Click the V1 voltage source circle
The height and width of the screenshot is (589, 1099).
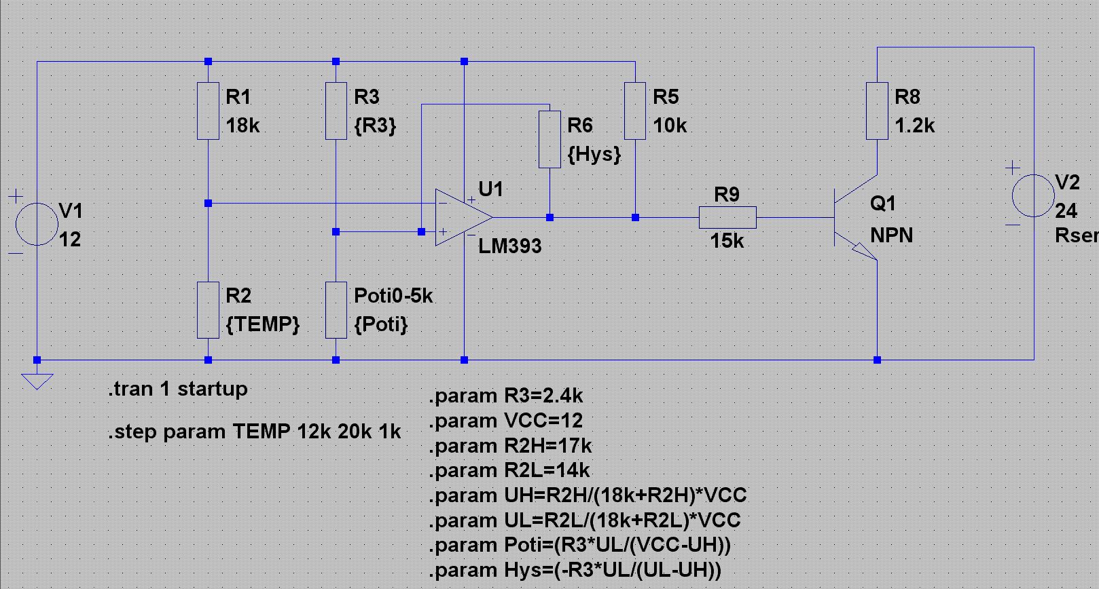click(x=37, y=224)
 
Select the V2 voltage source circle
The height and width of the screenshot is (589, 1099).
click(x=1033, y=195)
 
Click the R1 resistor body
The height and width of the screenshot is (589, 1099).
click(x=208, y=111)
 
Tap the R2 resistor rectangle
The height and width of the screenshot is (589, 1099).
click(x=208, y=310)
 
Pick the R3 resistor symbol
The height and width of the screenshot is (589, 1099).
click(x=336, y=111)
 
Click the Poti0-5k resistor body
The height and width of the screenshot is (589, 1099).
click(x=336, y=310)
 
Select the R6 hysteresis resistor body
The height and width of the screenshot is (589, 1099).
click(x=549, y=139)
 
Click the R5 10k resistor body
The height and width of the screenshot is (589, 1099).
click(x=634, y=111)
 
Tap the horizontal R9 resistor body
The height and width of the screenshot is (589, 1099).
click(x=727, y=217)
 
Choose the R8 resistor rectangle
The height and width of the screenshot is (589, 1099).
click(x=877, y=111)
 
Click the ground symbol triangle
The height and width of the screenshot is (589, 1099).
click(x=37, y=381)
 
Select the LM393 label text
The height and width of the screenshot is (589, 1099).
click(x=509, y=246)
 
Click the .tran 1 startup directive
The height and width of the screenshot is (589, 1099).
click(x=178, y=389)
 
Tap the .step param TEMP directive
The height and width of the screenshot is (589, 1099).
click(x=254, y=432)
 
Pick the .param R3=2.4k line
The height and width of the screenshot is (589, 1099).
click(x=505, y=396)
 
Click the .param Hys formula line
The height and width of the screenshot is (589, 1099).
click(x=575, y=570)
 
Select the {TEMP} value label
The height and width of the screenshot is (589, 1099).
click(x=262, y=324)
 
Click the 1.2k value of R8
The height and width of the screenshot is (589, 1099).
click(x=914, y=126)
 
